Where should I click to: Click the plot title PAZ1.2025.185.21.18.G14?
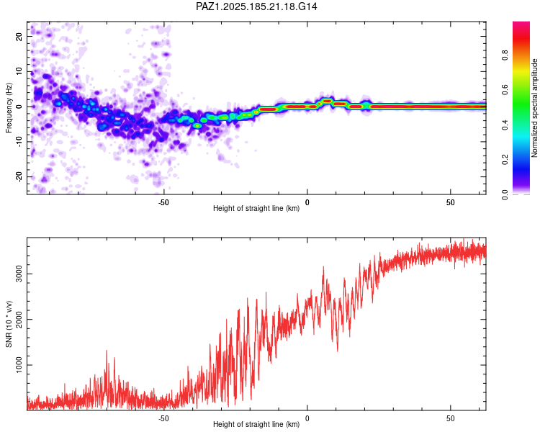(256, 6)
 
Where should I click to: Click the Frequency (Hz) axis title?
(9, 108)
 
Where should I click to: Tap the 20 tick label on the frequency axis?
(19, 37)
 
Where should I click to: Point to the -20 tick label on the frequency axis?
(19, 176)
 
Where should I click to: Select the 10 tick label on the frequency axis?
(19, 72)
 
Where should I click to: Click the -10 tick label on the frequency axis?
(19, 142)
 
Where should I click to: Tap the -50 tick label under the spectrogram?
(163, 202)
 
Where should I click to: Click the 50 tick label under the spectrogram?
(451, 202)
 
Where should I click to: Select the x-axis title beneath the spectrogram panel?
(256, 208)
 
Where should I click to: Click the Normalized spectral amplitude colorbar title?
(534, 108)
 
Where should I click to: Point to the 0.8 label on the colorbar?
(505, 55)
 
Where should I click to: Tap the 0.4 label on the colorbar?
(505, 125)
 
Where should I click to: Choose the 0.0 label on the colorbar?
(505, 194)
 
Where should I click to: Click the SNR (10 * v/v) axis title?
(9, 324)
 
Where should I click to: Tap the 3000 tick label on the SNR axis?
(19, 274)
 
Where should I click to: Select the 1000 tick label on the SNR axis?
(19, 365)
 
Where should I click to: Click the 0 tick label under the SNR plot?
(307, 418)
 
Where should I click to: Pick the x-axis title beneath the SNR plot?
(256, 424)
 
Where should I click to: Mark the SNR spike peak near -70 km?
(107, 351)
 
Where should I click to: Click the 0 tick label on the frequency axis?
(19, 107)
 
